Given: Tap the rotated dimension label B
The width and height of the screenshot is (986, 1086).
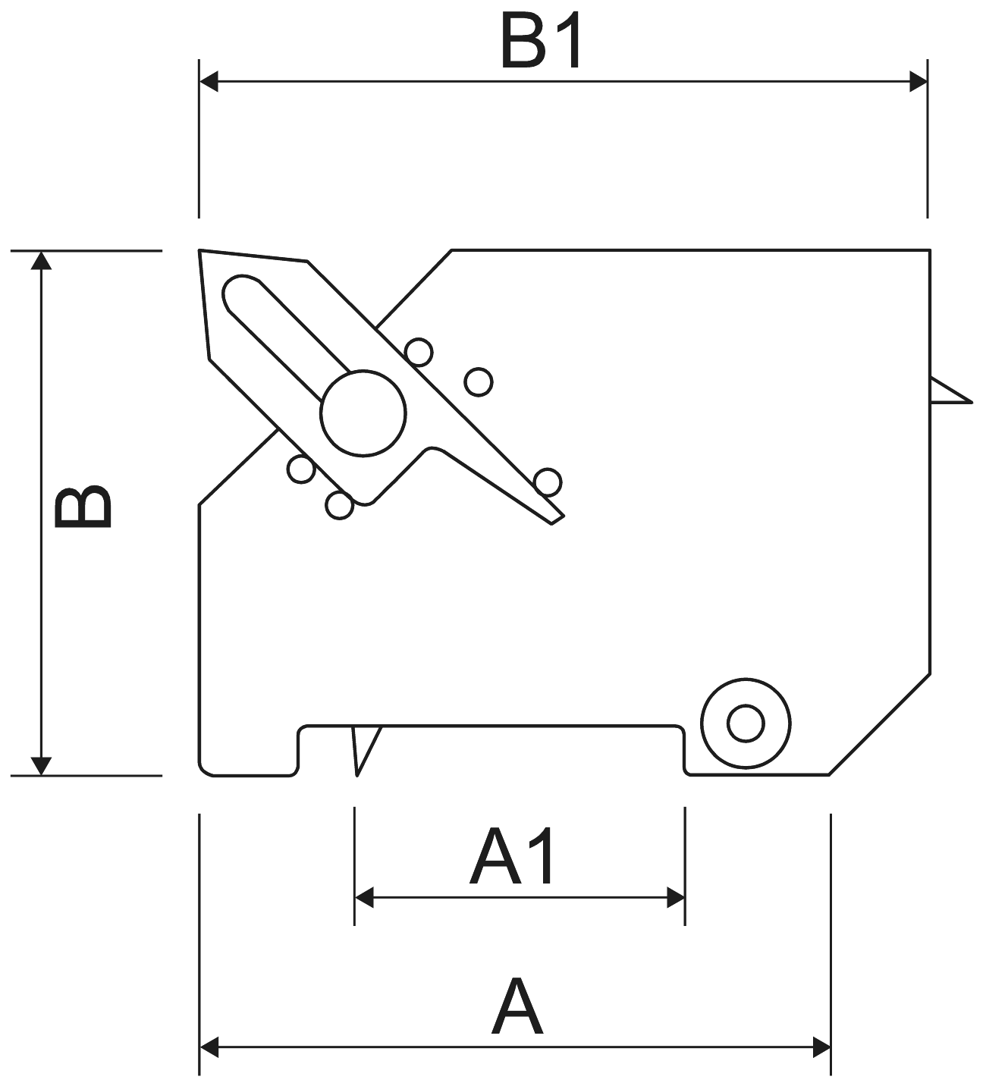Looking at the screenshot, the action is (x=83, y=506).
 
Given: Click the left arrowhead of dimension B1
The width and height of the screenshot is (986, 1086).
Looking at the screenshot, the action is (x=209, y=81).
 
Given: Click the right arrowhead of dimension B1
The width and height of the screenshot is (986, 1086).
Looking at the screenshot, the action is (x=918, y=81).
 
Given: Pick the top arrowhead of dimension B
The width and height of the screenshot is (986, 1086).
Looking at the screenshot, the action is (x=41, y=260).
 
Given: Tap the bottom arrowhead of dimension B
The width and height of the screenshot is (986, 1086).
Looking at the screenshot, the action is (x=41, y=766).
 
